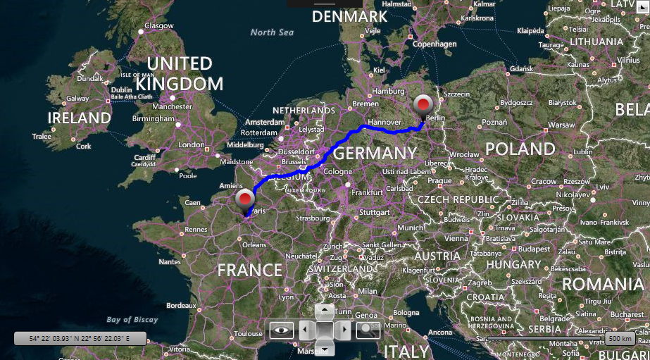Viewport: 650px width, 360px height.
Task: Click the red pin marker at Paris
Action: (x=245, y=200)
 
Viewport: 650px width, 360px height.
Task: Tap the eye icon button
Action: (x=282, y=329)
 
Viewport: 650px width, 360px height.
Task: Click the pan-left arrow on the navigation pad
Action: (x=304, y=329)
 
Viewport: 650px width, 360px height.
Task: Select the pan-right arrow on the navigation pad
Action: (x=344, y=329)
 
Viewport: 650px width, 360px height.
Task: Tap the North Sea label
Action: (x=272, y=32)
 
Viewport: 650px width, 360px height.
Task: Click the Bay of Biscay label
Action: (x=132, y=320)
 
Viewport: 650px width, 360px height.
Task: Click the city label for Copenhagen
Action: (x=435, y=44)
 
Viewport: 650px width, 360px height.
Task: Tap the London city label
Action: (x=192, y=145)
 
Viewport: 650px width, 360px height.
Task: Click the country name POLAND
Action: (x=520, y=149)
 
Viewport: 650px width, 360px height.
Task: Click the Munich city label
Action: (x=411, y=228)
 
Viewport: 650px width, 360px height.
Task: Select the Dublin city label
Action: (x=121, y=89)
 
